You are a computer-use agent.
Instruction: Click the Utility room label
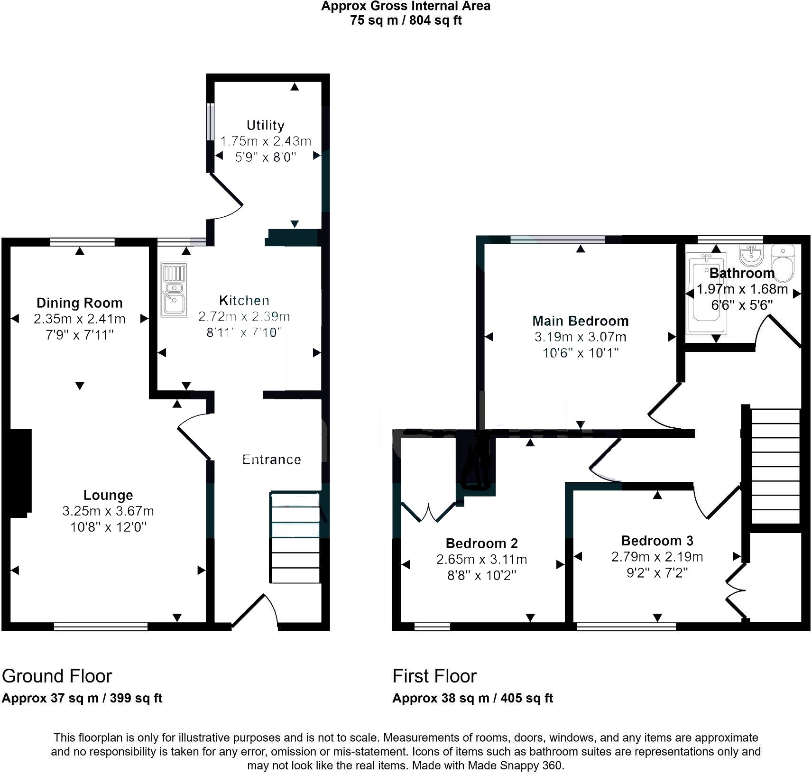pyautogui.click(x=265, y=125)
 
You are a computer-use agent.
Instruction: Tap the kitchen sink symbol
pyautogui.click(x=174, y=289)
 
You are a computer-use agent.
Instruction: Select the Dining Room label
pyautogui.click(x=80, y=303)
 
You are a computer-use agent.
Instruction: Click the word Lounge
pyautogui.click(x=108, y=495)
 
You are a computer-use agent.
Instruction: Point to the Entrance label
pyautogui.click(x=271, y=459)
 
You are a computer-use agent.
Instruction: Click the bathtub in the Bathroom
pyautogui.click(x=706, y=294)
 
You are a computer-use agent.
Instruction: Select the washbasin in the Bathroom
pyautogui.click(x=751, y=254)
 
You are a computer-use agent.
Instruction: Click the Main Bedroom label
pyautogui.click(x=581, y=321)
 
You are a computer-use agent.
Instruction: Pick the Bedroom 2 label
pyautogui.click(x=482, y=544)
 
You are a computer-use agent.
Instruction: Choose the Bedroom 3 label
pyautogui.click(x=657, y=541)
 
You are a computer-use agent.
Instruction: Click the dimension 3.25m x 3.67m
pyautogui.click(x=108, y=511)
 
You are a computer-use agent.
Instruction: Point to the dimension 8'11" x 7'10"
pyautogui.click(x=244, y=332)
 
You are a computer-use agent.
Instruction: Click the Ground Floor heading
pyautogui.click(x=57, y=676)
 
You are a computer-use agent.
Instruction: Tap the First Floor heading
pyautogui.click(x=434, y=676)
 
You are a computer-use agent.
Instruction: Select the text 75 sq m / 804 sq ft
pyautogui.click(x=406, y=20)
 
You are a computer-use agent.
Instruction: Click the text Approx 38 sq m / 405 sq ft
pyautogui.click(x=473, y=698)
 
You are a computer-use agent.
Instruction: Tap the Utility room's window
pyautogui.click(x=211, y=122)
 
